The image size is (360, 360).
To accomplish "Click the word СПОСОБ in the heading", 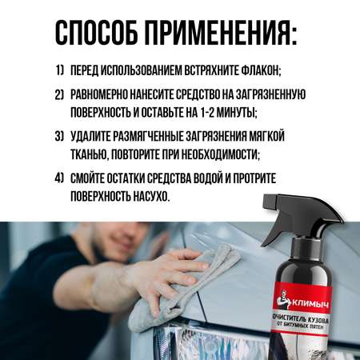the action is [96, 33].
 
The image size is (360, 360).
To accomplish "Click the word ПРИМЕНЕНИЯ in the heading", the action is [221, 33].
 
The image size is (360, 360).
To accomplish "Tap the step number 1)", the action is [60, 70].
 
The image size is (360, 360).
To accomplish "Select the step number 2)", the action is [59, 95].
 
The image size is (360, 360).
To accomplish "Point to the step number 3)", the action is [59, 136].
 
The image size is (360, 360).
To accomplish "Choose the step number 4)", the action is [59, 178].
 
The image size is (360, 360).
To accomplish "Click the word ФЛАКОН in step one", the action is [261, 70].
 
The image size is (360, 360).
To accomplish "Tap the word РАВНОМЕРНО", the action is [99, 94].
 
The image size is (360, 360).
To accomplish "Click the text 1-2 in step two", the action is [207, 112].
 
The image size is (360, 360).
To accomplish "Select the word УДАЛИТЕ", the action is [90, 136].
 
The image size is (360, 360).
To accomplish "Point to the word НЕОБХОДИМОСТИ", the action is [220, 154].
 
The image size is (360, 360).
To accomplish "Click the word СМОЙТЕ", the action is [87, 178].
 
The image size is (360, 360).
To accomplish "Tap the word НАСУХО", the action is [151, 197].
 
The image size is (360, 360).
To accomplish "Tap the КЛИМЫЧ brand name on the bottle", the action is [310, 304].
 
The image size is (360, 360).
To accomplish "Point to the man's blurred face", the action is [126, 238].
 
